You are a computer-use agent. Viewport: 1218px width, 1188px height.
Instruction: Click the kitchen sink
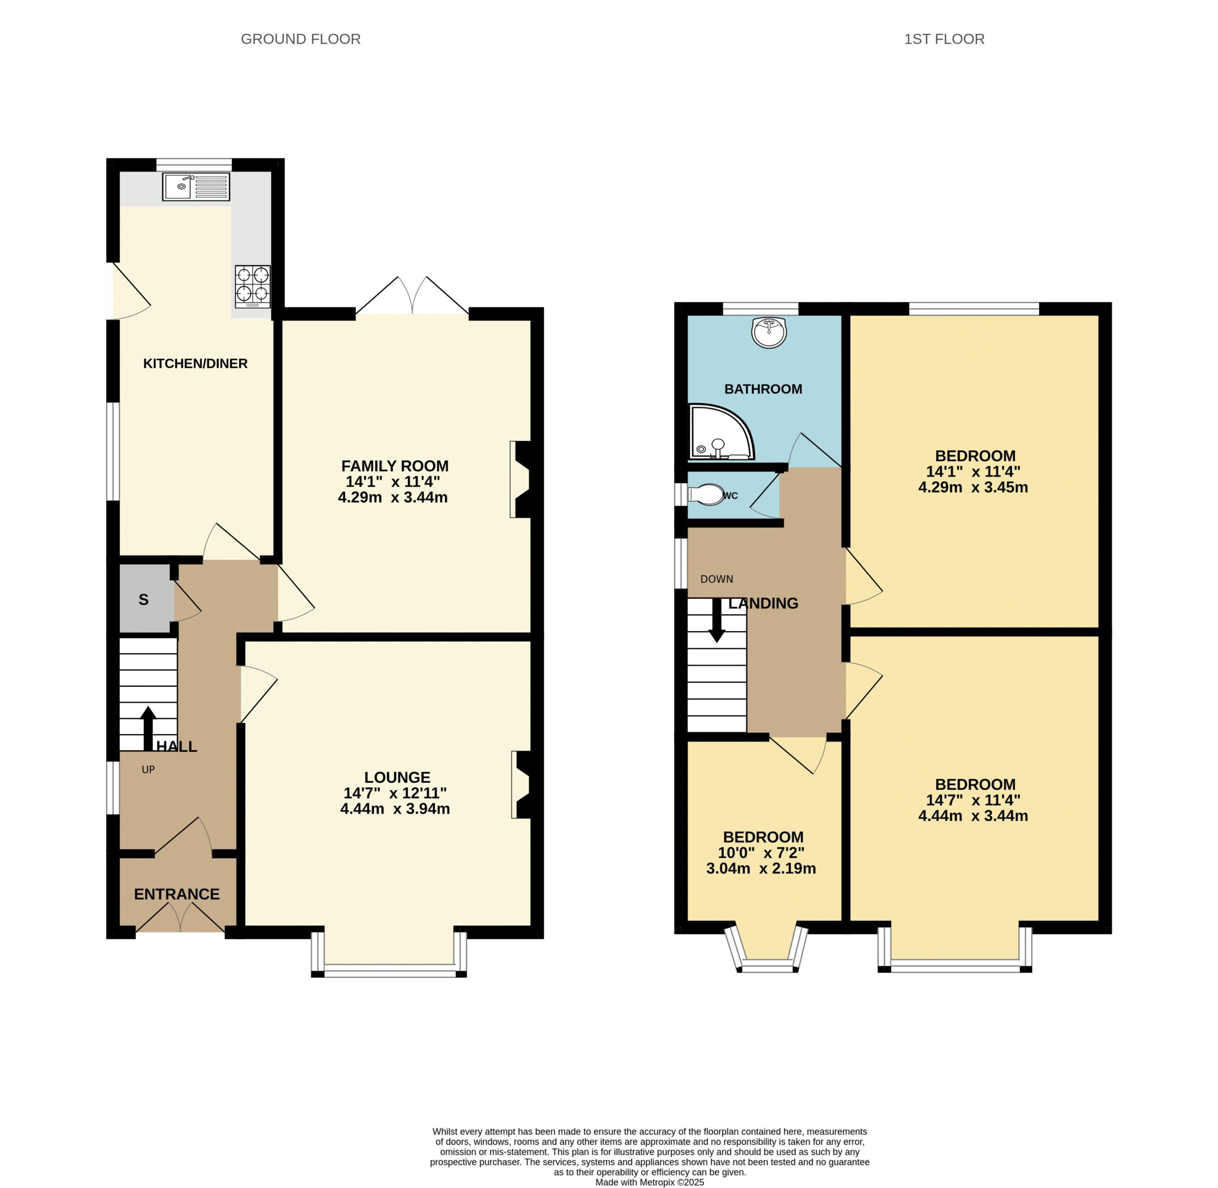coord(196,187)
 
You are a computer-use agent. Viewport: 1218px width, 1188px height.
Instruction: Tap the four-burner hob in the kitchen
coord(253,287)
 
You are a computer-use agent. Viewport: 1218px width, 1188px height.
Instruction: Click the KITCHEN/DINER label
coord(195,364)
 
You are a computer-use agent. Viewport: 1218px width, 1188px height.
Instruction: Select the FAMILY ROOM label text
coord(395,466)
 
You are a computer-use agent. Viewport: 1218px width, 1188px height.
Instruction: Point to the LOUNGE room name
coord(397,777)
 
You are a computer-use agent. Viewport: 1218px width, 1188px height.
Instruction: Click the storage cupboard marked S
coord(145,599)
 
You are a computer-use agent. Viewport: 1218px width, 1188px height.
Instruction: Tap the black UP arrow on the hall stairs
coord(148,728)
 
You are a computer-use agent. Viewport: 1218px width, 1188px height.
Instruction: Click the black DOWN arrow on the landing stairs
coord(717,620)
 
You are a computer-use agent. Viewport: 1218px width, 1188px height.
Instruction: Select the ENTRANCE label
coord(177,894)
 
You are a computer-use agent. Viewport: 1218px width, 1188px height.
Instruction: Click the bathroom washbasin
coord(770,332)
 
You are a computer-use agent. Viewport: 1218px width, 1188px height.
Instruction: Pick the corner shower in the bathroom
coord(721,432)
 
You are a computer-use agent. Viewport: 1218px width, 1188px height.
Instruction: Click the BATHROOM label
coord(763,389)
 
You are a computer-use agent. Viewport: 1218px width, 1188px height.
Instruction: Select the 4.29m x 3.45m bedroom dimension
coord(973,487)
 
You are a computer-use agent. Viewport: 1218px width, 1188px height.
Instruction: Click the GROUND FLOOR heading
coord(301,40)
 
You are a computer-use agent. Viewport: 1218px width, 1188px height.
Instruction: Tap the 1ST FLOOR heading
coord(944,40)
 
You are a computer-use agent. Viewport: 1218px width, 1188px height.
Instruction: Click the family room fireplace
coord(520,479)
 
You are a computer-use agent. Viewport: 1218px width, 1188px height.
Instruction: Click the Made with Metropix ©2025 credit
coord(649,1182)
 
